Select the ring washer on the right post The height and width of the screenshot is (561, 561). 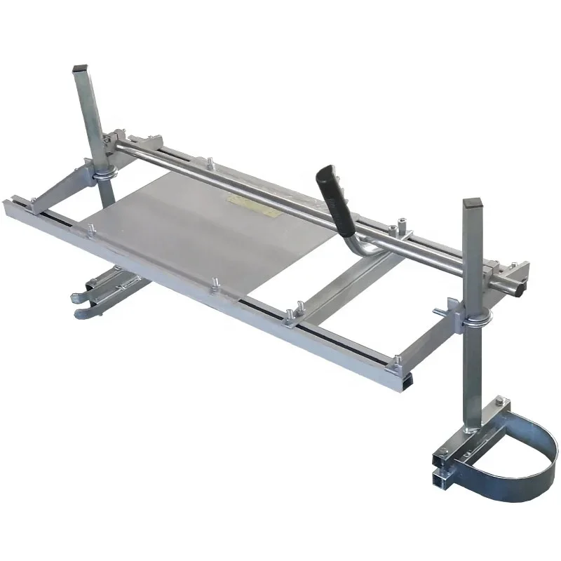click(476, 322)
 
